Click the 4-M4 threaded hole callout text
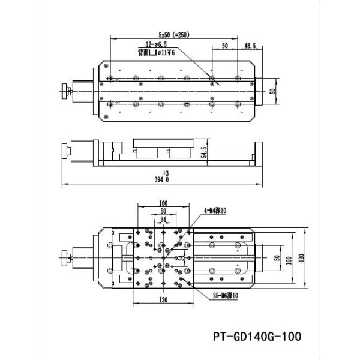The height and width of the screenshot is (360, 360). (214, 210)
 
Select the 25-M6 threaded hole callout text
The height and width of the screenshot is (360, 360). (224, 295)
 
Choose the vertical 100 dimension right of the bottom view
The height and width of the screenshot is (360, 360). (290, 260)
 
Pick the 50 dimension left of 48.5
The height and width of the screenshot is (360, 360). (225, 45)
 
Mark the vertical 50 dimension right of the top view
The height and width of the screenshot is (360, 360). (272, 92)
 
